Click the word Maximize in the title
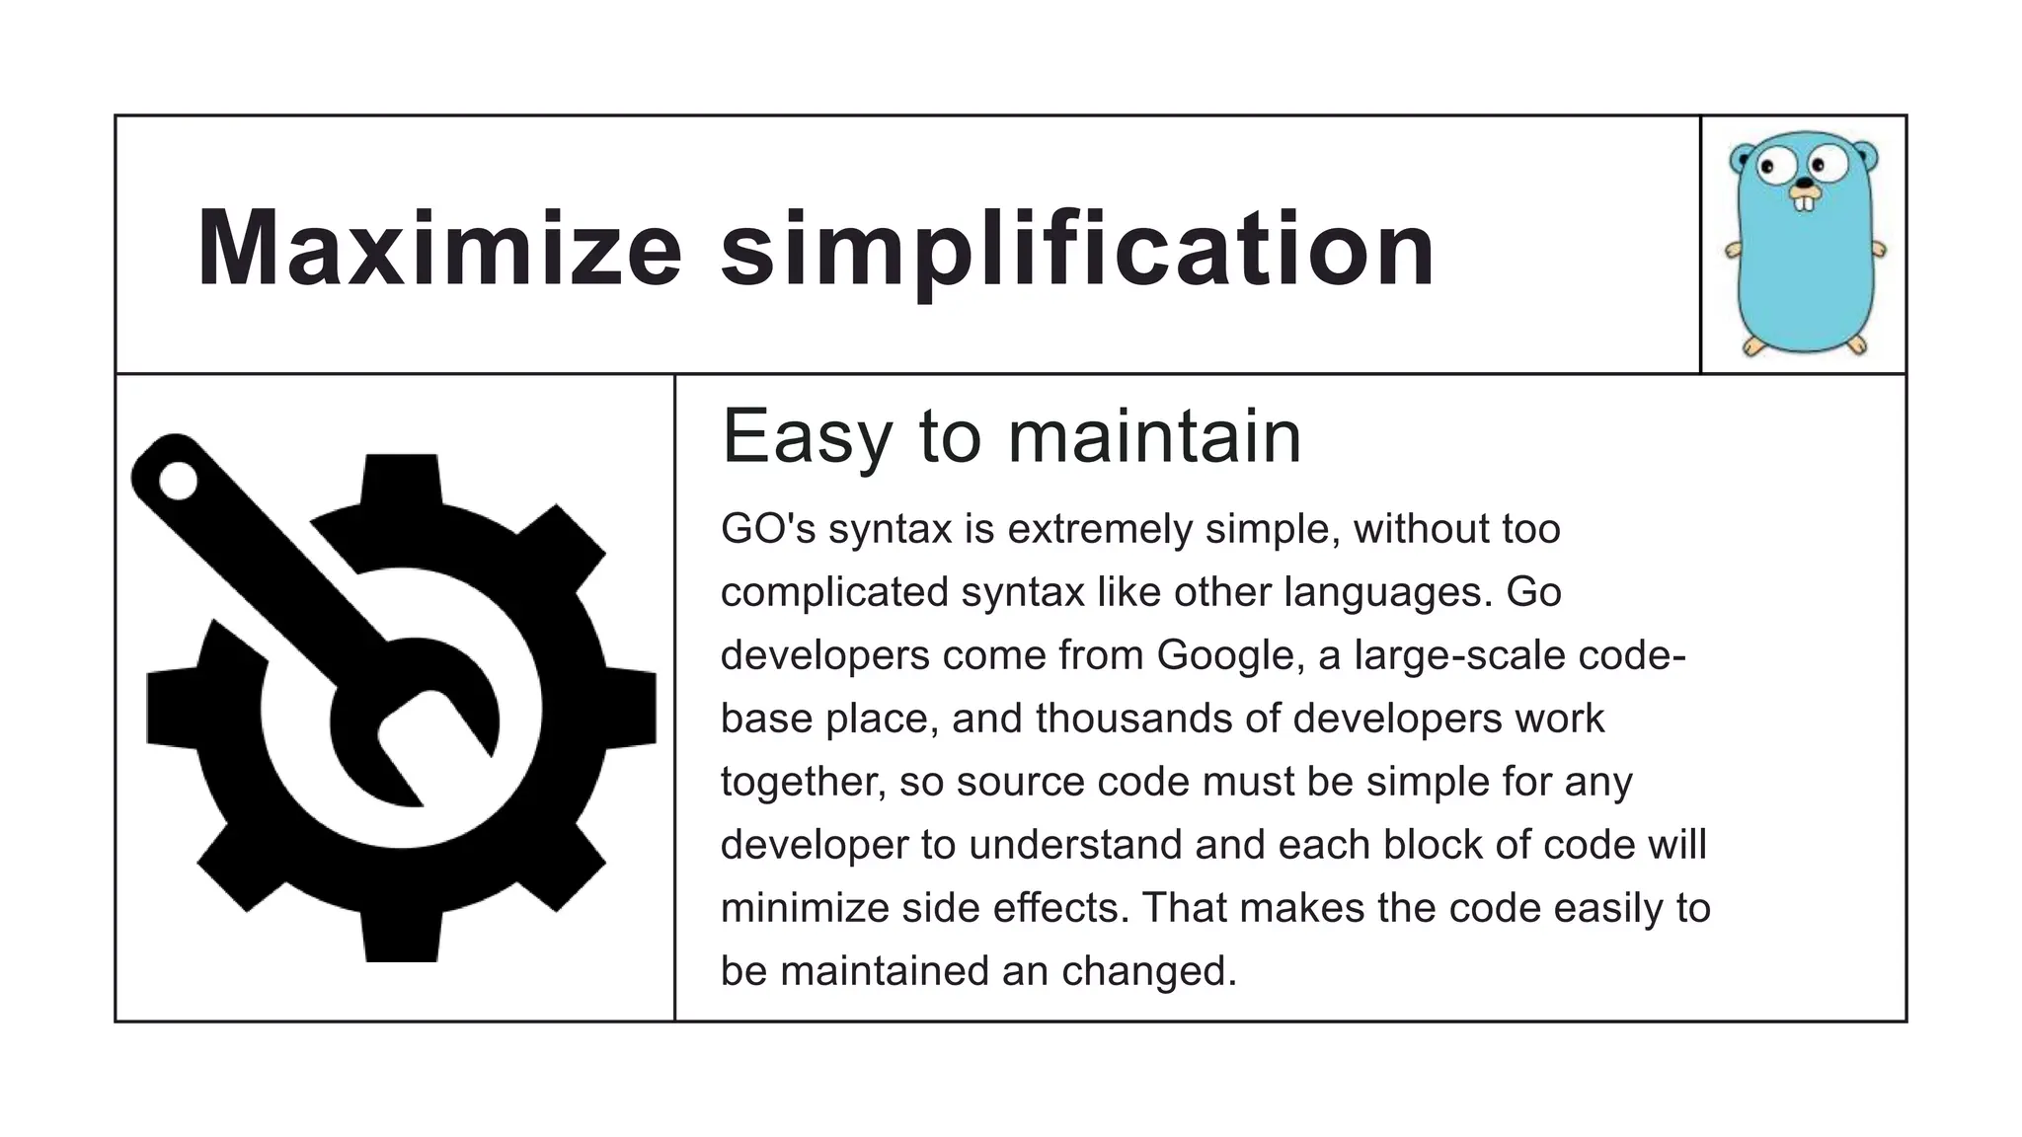point(439,248)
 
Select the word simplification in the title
point(1077,250)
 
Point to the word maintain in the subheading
point(1154,436)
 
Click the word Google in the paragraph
point(1224,655)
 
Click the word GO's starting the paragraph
point(768,529)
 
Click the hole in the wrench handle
point(179,481)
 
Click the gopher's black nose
point(1804,184)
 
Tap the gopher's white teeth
point(1804,202)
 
